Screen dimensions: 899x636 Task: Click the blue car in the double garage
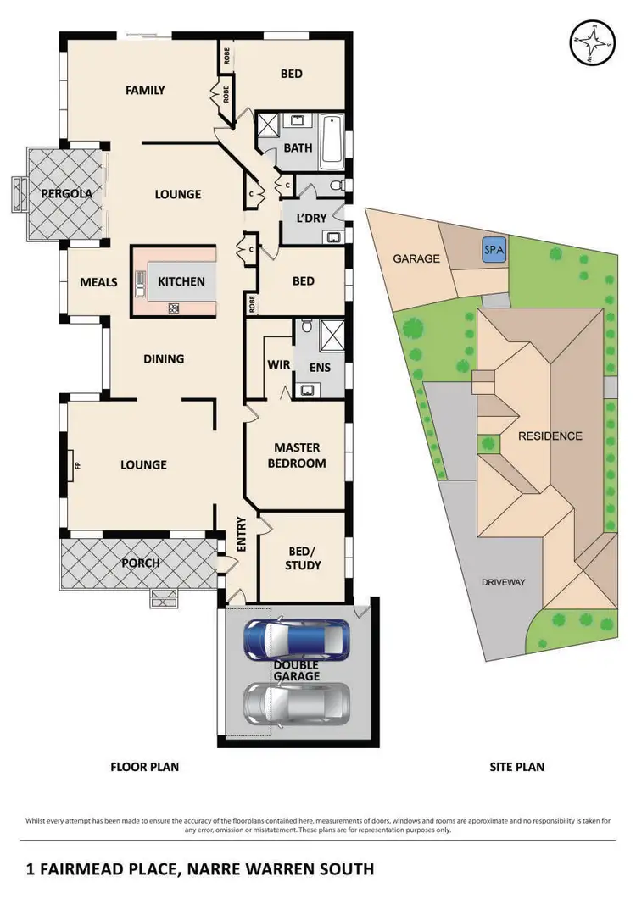[x=294, y=639]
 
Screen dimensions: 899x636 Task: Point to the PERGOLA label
[x=67, y=194]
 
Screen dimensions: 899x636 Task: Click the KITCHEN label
[x=181, y=281]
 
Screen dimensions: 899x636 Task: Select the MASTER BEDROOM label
[x=297, y=456]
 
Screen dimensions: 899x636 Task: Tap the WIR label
[x=275, y=366]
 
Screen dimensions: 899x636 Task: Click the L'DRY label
[x=311, y=218]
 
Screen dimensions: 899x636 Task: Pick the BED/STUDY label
[x=303, y=558]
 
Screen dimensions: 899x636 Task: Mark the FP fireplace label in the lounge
[x=76, y=465]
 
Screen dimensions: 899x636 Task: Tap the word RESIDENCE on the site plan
[x=550, y=436]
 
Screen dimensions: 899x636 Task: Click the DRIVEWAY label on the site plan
[x=504, y=582]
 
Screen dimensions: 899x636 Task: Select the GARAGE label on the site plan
[x=416, y=258]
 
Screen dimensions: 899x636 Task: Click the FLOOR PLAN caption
[x=145, y=767]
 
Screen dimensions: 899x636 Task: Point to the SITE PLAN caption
[x=516, y=767]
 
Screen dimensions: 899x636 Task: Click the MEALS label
[x=98, y=282]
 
